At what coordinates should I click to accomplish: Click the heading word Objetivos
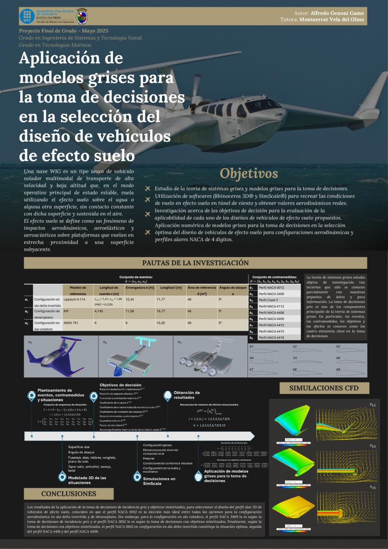[x=249, y=173]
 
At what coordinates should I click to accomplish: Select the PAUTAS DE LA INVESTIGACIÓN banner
[x=195, y=263]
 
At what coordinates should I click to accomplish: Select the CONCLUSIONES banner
[x=69, y=494]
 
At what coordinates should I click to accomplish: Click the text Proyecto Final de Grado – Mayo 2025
[x=64, y=30]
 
